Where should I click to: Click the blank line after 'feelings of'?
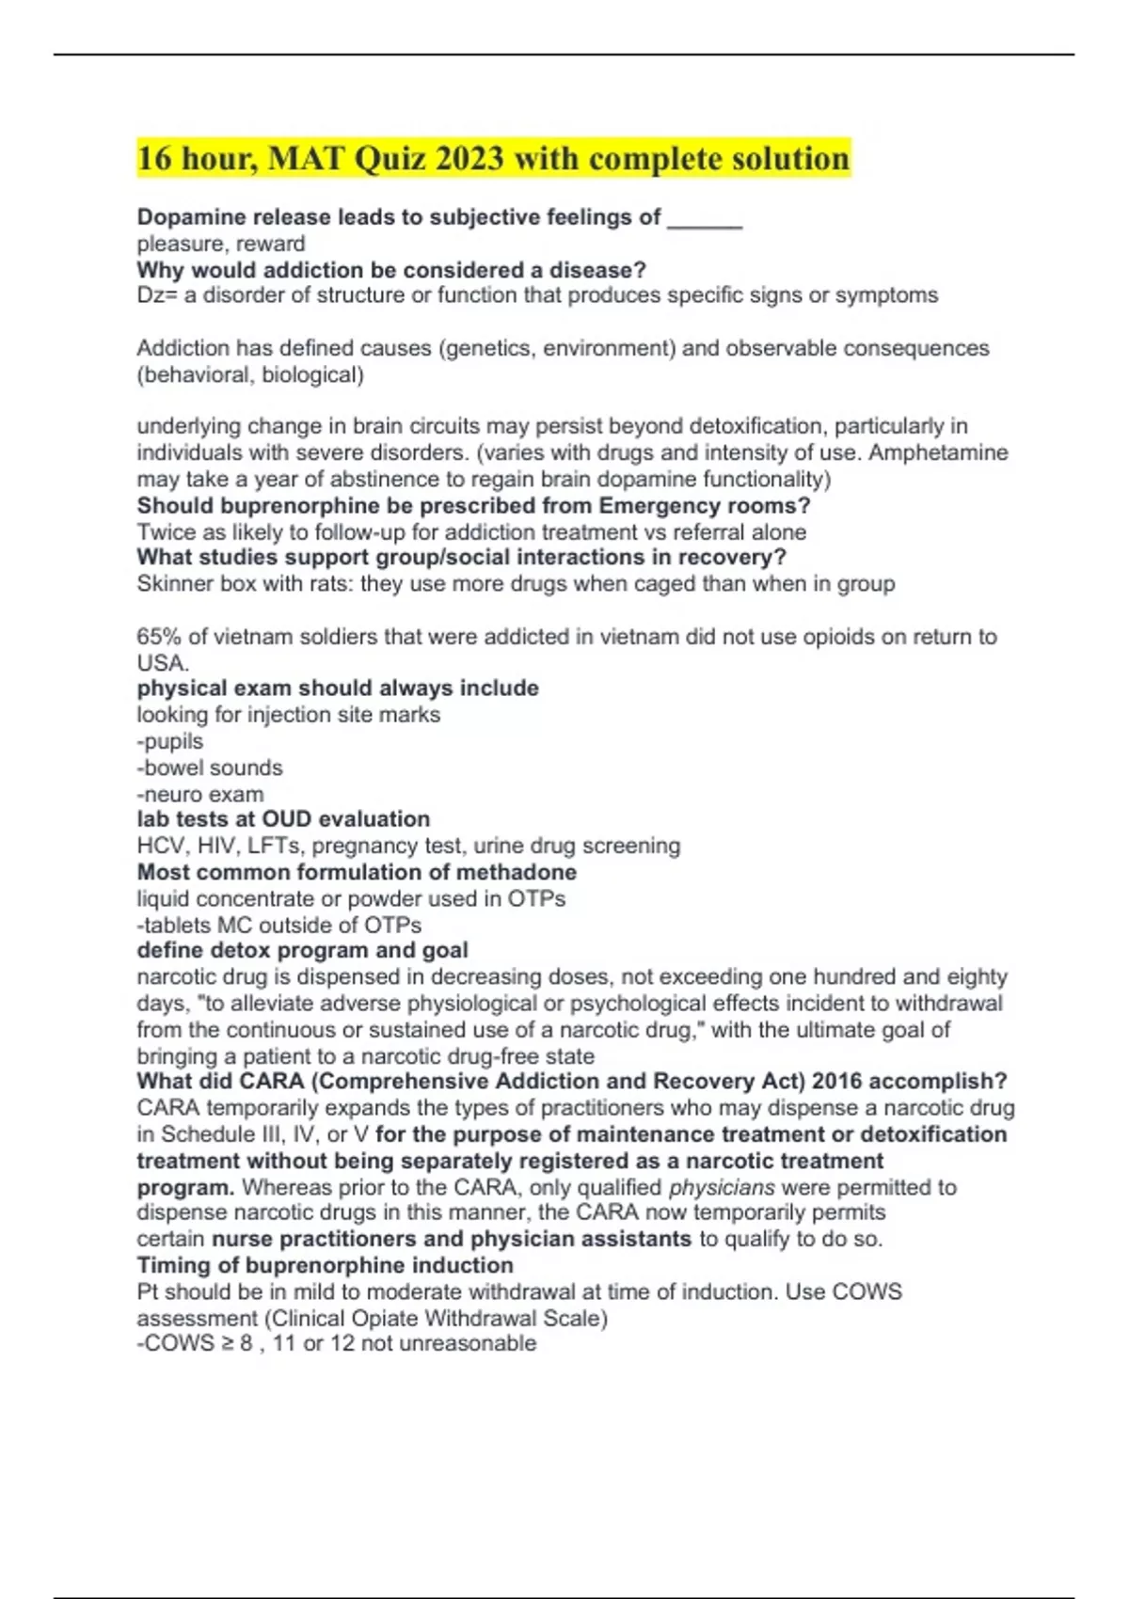pyautogui.click(x=705, y=219)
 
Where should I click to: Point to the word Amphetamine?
pyautogui.click(x=938, y=452)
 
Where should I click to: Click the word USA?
pyautogui.click(x=162, y=662)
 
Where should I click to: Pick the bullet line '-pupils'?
pyautogui.click(x=170, y=741)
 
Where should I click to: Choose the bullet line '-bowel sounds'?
pyautogui.click(x=210, y=768)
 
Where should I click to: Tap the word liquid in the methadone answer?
pyautogui.click(x=162, y=898)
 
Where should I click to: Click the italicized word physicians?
pyautogui.click(x=722, y=1187)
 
